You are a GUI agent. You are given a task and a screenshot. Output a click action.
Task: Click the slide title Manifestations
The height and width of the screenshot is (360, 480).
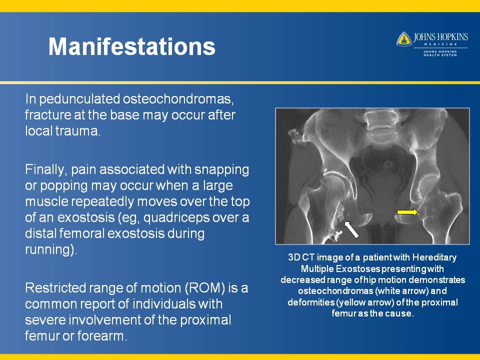click(132, 46)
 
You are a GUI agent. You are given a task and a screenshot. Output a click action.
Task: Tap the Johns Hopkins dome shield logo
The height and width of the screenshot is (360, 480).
click(404, 39)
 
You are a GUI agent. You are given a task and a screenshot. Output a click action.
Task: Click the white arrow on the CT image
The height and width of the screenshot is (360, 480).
click(351, 229)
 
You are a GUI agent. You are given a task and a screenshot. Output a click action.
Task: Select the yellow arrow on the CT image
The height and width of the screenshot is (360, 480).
click(407, 212)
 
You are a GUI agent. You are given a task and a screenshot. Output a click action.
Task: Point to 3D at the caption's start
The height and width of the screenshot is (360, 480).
click(294, 257)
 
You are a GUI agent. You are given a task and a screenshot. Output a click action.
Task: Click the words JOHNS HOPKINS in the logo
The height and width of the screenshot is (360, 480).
click(440, 37)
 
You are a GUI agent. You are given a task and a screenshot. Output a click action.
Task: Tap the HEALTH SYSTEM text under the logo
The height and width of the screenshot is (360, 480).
click(440, 55)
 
